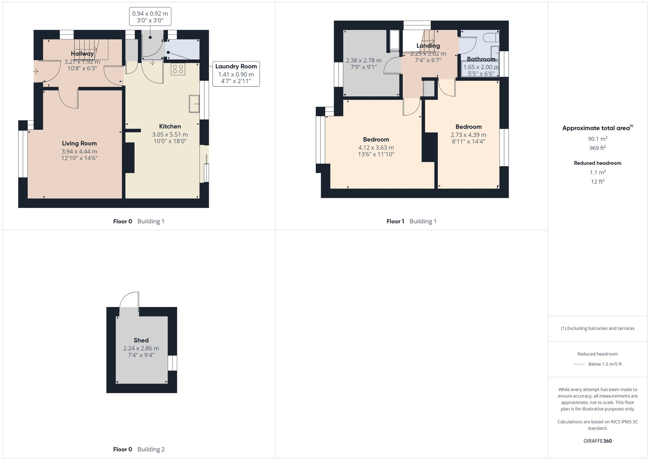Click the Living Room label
point(79,143)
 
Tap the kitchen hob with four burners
point(178,69)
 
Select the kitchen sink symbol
point(194,104)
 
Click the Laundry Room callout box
point(236,74)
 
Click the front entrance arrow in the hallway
point(36,71)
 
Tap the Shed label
point(141,340)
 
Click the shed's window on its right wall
point(172,363)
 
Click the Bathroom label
point(481,59)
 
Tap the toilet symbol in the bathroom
point(491,37)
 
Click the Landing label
point(428,46)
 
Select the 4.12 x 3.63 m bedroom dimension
point(376,148)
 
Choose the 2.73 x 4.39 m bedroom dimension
point(468,135)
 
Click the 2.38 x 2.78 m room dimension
point(364,60)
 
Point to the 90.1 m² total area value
point(597,139)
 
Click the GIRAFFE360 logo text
point(597,441)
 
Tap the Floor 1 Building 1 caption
point(411,221)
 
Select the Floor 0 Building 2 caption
point(139,449)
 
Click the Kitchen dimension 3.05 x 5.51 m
point(170,135)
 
